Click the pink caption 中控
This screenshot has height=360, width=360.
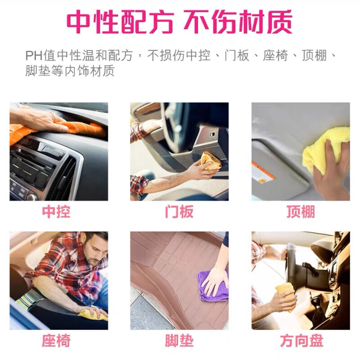point(56,211)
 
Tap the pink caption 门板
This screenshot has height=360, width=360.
point(179,211)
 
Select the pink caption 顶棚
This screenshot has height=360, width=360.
point(301,211)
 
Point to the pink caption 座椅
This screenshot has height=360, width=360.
point(56,341)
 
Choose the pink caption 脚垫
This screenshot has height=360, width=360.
point(179,341)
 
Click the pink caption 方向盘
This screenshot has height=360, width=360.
point(301,341)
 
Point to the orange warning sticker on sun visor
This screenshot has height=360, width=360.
point(263,172)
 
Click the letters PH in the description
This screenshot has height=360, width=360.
point(34,56)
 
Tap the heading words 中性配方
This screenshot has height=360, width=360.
point(120,22)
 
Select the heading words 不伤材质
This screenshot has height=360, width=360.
point(238,22)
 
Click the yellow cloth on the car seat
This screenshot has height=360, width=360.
point(93,315)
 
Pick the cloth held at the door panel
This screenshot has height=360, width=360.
point(210,161)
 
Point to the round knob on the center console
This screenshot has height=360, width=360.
point(32,197)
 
